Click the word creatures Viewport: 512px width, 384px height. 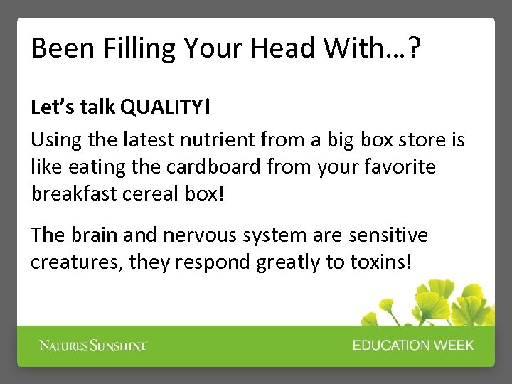(x=76, y=262)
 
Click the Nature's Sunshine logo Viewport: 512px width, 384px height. (x=93, y=346)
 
